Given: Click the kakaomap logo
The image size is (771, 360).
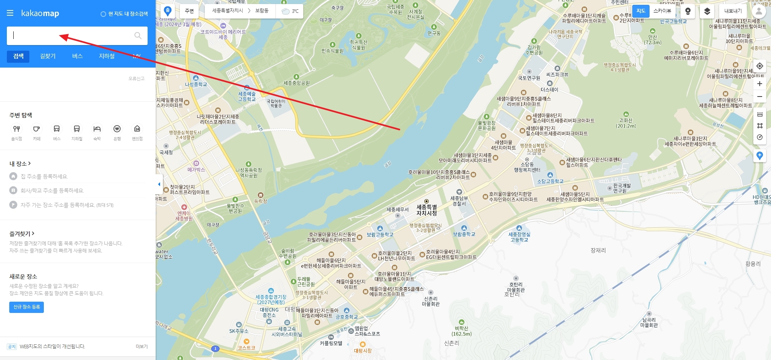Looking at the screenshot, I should [x=40, y=13].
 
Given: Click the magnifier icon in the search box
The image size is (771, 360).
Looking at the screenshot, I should [x=138, y=35].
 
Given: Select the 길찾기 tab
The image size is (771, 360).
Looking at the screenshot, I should [x=48, y=56].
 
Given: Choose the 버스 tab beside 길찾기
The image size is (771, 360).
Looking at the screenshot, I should [x=77, y=56].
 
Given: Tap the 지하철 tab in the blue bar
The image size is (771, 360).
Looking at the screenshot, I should [x=107, y=56].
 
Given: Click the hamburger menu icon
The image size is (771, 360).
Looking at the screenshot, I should [x=10, y=13].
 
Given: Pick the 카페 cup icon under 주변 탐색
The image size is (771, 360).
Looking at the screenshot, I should [x=37, y=129].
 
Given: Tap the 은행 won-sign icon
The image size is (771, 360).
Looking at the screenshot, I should [x=117, y=129].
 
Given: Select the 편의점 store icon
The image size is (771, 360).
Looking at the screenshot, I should [x=137, y=129].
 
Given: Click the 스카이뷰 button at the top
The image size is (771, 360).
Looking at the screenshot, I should [x=662, y=11].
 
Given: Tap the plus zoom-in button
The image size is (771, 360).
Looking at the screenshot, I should [x=759, y=84].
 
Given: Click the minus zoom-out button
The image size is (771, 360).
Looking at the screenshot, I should [x=759, y=97].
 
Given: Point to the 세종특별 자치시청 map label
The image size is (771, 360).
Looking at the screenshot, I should [x=426, y=210].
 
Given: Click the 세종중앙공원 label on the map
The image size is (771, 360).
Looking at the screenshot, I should [x=296, y=83].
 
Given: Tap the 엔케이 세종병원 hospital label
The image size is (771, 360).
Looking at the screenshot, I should [x=184, y=216].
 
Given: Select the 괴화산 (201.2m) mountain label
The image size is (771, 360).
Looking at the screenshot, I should [x=626, y=123].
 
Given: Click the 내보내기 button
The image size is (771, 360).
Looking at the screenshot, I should [x=733, y=11].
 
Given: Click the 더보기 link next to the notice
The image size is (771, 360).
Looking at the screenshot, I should [x=142, y=346].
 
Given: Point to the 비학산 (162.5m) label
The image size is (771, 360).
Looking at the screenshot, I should [x=461, y=331].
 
